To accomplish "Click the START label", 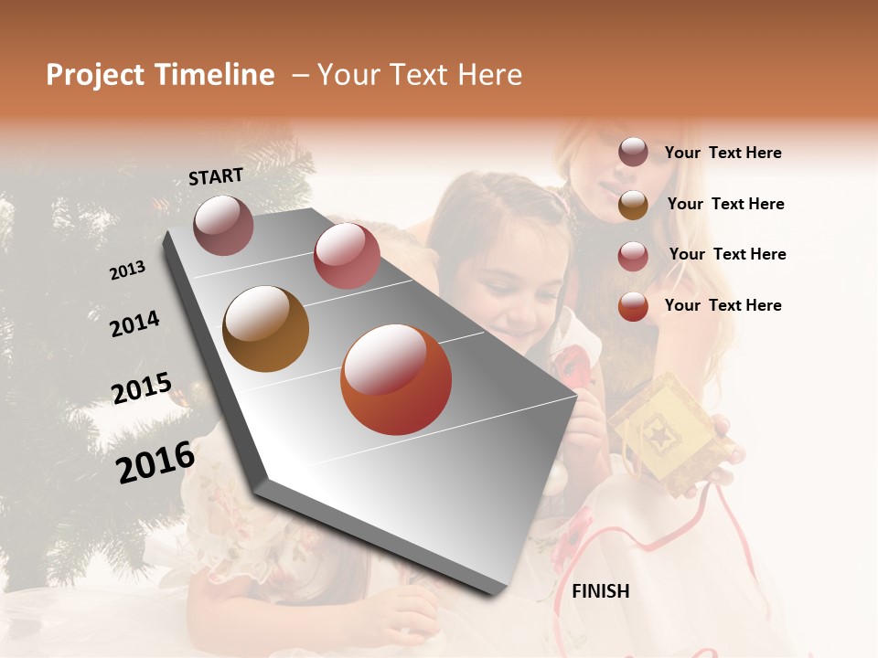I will click(x=216, y=176).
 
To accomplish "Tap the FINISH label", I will click(x=600, y=591).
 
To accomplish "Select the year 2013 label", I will click(x=128, y=271).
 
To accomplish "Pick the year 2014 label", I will click(x=134, y=324).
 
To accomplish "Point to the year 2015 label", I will click(x=142, y=387).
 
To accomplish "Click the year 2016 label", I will click(x=155, y=462).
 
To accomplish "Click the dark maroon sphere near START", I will click(x=223, y=225).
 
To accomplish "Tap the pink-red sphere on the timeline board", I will click(x=347, y=256).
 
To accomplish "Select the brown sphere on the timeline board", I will click(x=265, y=329).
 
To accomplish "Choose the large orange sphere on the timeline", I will click(x=396, y=379).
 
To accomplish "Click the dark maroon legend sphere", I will click(x=633, y=153).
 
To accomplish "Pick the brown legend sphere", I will click(x=633, y=205).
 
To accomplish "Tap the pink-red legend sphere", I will click(x=633, y=256).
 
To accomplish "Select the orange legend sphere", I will click(x=633, y=306).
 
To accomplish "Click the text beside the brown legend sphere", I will click(x=725, y=204).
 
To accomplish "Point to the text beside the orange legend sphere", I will click(x=723, y=305).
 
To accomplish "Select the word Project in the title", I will click(x=95, y=75).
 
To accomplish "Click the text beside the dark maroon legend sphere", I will click(x=723, y=153).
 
